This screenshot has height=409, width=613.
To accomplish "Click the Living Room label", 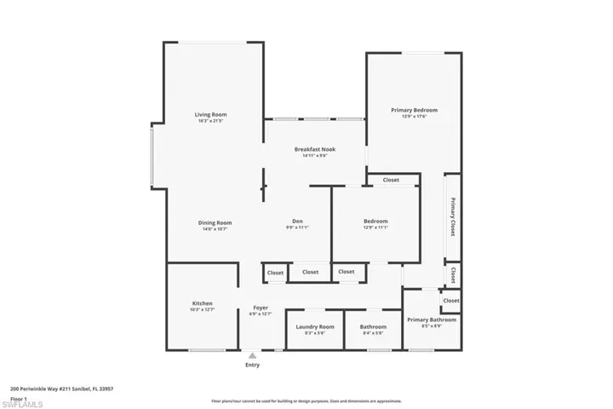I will click(x=210, y=114).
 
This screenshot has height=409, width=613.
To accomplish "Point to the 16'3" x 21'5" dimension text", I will click(x=210, y=121).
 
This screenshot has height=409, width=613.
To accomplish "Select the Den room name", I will click(x=297, y=222).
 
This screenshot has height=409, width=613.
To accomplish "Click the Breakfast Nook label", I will click(x=315, y=149).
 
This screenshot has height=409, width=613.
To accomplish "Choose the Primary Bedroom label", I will click(x=414, y=110).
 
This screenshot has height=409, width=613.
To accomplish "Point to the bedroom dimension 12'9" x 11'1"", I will click(x=375, y=228).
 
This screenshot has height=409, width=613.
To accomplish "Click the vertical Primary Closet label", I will click(x=453, y=217).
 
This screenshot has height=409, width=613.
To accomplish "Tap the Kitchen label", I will click(x=202, y=303).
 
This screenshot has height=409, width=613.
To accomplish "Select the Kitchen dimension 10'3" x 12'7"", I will click(x=202, y=310).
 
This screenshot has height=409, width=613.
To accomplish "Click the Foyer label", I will click(x=261, y=308).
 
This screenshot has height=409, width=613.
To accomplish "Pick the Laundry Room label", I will click(x=314, y=326).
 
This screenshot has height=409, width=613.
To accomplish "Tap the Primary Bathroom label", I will click(x=431, y=320).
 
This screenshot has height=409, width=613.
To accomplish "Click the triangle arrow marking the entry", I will click(x=252, y=355).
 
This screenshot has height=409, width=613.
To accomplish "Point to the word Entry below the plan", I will click(x=252, y=365).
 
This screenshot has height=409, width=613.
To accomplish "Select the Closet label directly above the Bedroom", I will click(x=391, y=180).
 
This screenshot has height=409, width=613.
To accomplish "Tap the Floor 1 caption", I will click(x=19, y=398).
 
